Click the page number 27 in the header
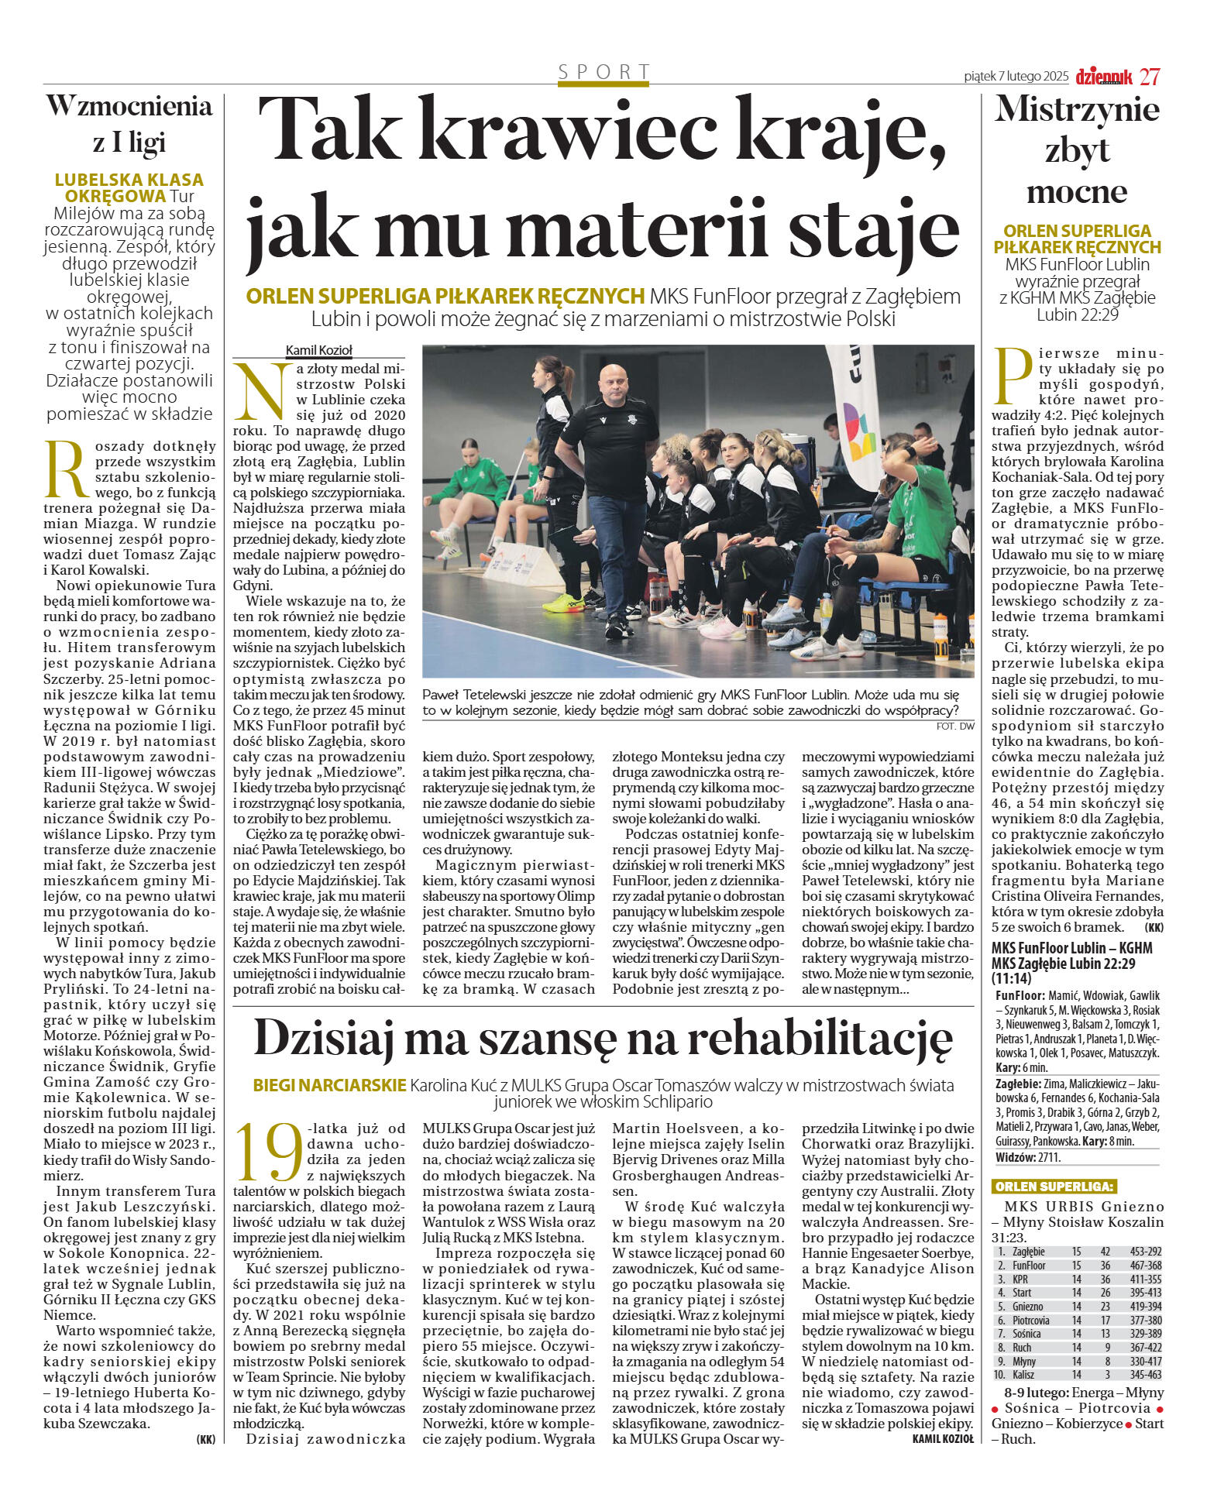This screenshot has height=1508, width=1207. (1150, 76)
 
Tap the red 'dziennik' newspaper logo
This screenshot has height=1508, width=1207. (1104, 76)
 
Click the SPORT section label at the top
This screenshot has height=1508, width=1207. (604, 72)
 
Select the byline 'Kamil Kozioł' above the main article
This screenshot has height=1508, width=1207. (318, 350)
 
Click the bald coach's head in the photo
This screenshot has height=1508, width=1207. (612, 380)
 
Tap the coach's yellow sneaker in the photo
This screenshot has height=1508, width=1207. (563, 603)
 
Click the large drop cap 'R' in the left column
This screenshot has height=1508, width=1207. (67, 469)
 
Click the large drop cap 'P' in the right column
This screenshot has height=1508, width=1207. (1013, 376)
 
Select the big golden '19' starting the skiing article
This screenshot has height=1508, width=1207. (268, 1153)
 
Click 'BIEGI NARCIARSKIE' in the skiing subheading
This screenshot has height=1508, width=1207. (329, 1085)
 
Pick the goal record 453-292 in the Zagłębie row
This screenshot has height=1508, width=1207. (1145, 1251)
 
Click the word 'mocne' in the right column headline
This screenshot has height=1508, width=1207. (1076, 191)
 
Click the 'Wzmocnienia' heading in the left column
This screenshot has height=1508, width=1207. (129, 106)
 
